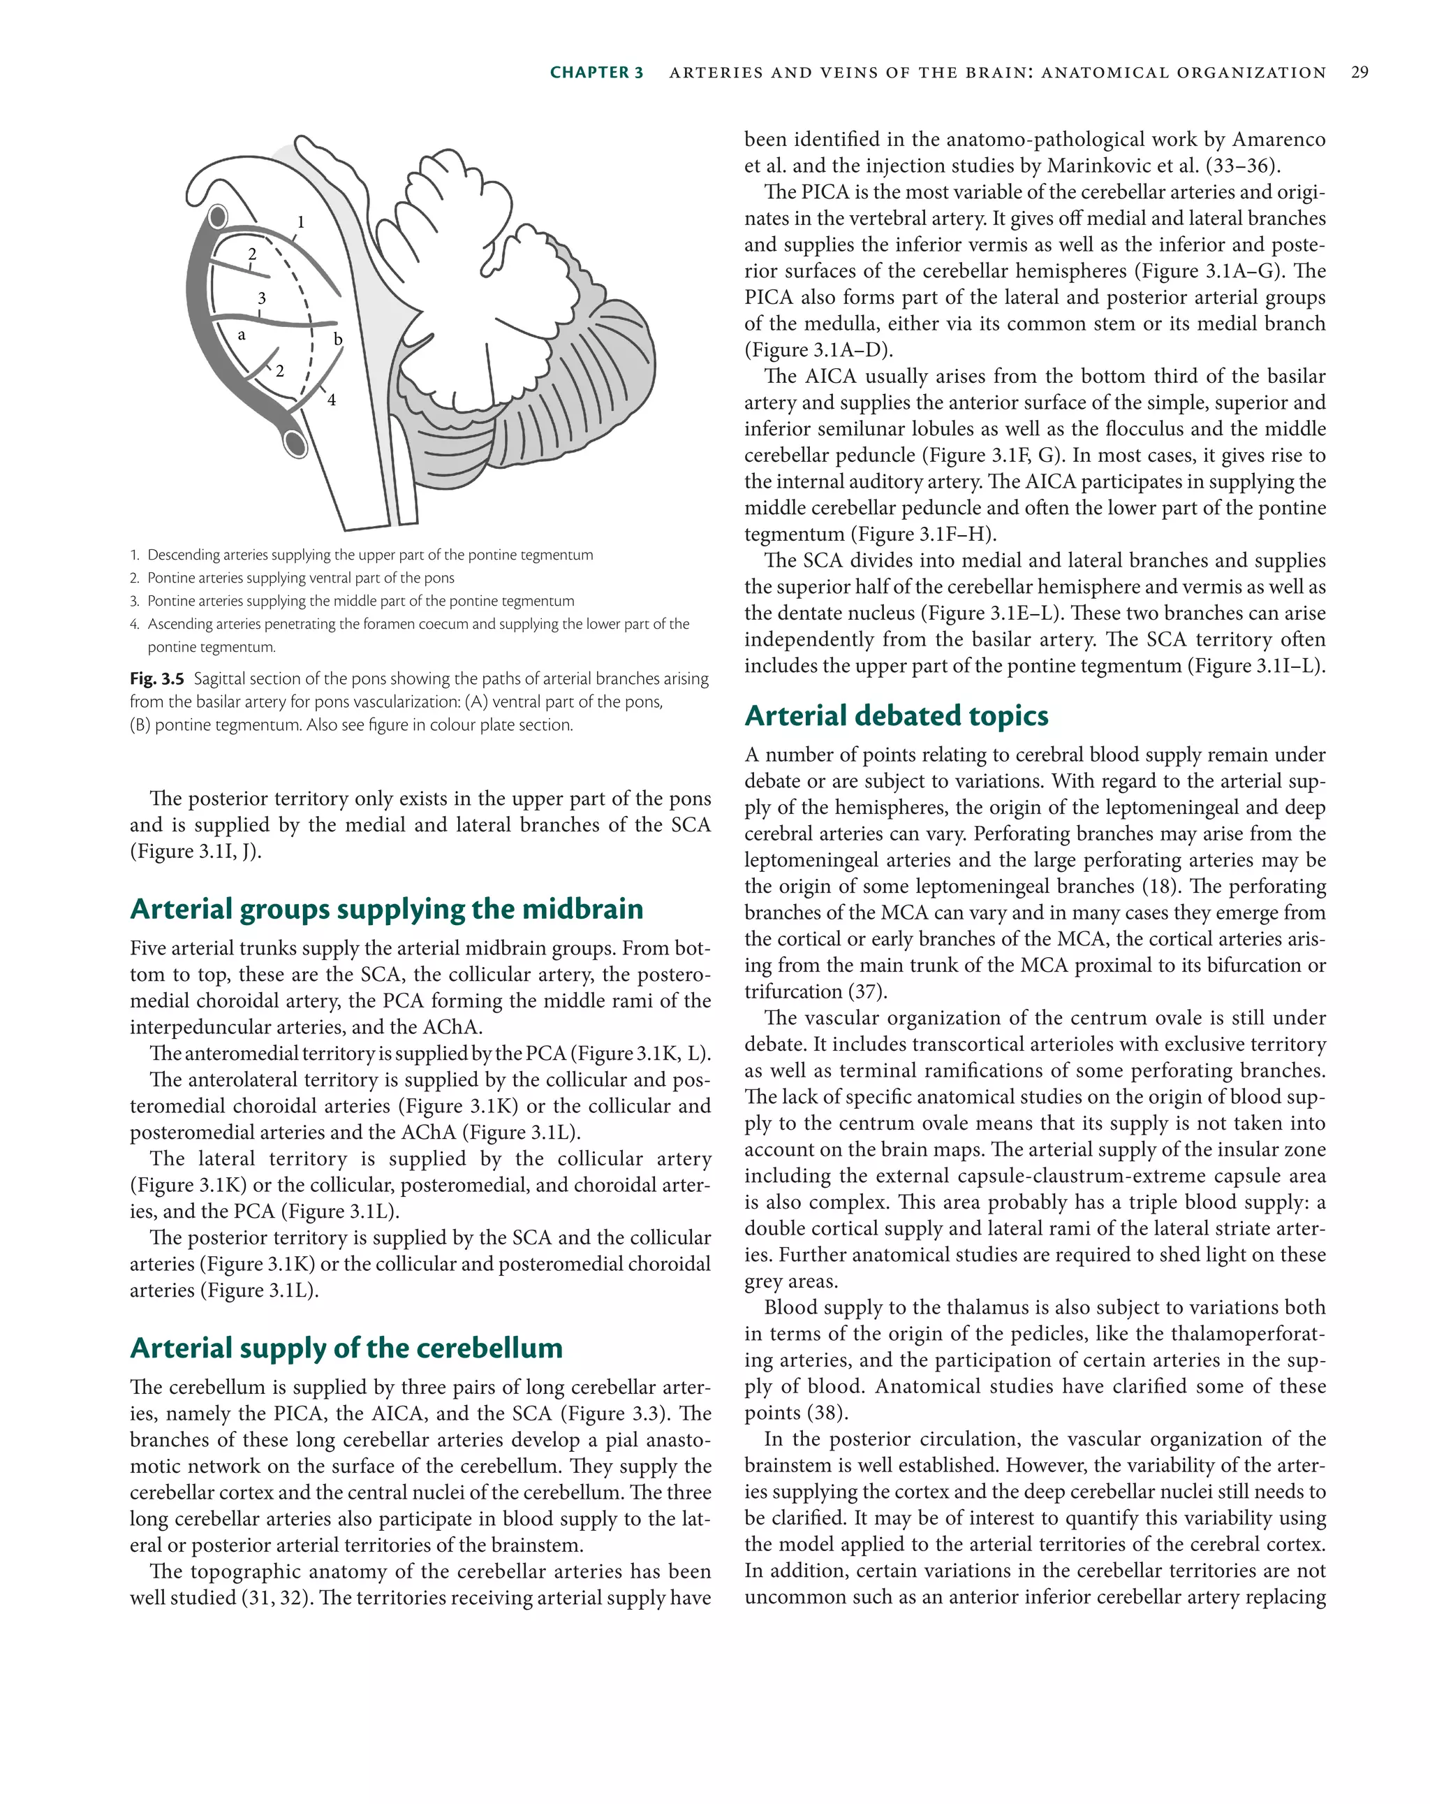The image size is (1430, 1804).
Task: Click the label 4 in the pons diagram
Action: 331,400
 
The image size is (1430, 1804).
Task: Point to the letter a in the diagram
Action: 242,335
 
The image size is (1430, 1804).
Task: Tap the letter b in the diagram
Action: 338,339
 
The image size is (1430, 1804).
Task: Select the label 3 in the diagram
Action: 262,298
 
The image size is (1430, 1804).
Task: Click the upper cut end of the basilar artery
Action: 217,217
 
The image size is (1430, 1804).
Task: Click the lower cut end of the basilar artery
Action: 296,443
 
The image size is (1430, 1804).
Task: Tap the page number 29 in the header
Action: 1359,73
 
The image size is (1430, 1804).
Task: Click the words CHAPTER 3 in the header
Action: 596,73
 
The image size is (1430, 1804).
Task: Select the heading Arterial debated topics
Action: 896,715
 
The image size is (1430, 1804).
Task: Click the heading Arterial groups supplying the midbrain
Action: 386,909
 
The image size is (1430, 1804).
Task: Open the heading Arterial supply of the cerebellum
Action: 346,1347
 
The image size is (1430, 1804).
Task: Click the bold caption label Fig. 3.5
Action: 156,678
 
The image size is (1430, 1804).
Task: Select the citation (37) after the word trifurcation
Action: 868,991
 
